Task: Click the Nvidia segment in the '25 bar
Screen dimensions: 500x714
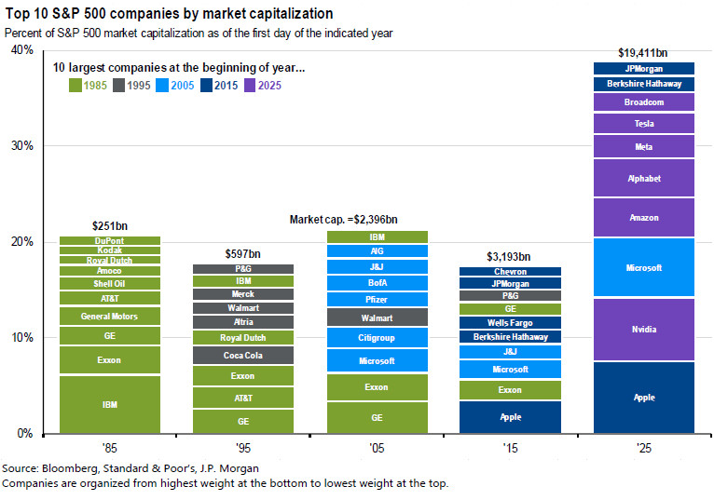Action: click(644, 329)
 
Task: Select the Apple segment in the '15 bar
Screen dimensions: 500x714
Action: click(511, 417)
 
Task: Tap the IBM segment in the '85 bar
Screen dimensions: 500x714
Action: click(110, 405)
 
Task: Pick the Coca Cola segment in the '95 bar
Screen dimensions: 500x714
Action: click(243, 355)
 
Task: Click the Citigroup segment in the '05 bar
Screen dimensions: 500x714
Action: click(377, 337)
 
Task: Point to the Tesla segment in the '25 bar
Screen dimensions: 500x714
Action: click(644, 124)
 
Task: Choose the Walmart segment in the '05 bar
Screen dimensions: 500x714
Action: click(377, 318)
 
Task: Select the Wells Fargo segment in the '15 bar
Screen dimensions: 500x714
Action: click(511, 322)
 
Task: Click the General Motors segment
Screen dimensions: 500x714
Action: click(110, 316)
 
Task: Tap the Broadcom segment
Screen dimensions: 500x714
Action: click(644, 102)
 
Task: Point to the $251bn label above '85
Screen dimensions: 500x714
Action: click(110, 225)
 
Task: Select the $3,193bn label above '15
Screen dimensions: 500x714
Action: click(511, 256)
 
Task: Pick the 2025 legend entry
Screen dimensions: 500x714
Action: click(265, 86)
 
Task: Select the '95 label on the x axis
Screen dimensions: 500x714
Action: click(243, 448)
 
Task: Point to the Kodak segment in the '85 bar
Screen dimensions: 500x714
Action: click(110, 250)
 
